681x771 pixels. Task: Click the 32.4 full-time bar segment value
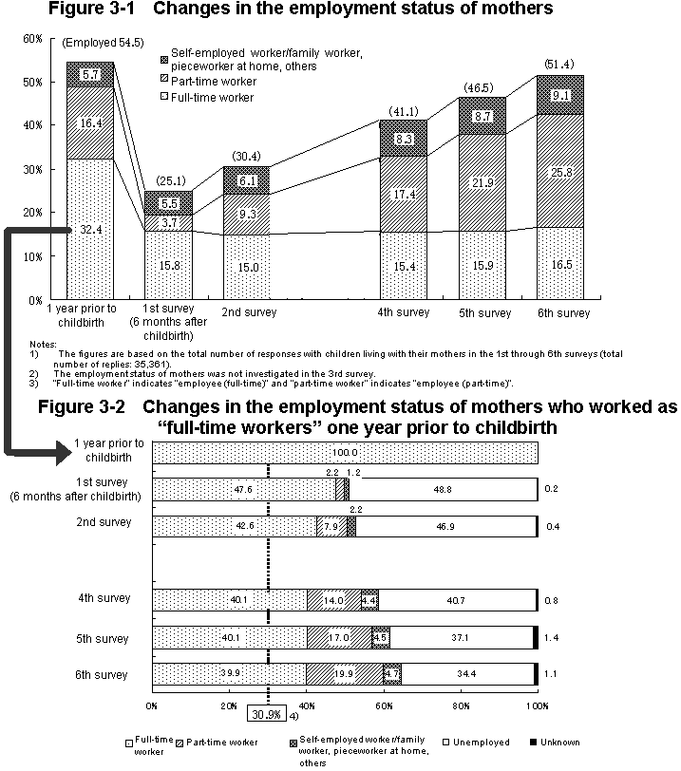tap(90, 230)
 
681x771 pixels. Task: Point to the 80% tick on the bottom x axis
tap(460, 705)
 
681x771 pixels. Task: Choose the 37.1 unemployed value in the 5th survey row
tap(462, 639)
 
